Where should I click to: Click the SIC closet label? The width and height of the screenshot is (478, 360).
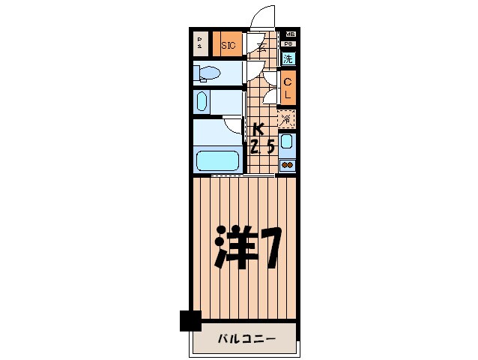229,46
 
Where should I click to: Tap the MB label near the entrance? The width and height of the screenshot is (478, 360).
289,34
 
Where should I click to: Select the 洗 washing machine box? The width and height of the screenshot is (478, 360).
288,58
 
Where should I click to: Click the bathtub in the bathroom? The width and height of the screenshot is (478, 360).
217,160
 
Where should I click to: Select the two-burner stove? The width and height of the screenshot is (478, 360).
288,165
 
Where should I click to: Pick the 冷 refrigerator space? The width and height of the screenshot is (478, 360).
287,118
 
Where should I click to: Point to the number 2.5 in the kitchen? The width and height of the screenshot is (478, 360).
261,146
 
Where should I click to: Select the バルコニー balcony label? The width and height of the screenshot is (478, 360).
246,338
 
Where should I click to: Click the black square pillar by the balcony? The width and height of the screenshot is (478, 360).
190,320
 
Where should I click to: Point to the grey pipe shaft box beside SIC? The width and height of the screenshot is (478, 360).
201,44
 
